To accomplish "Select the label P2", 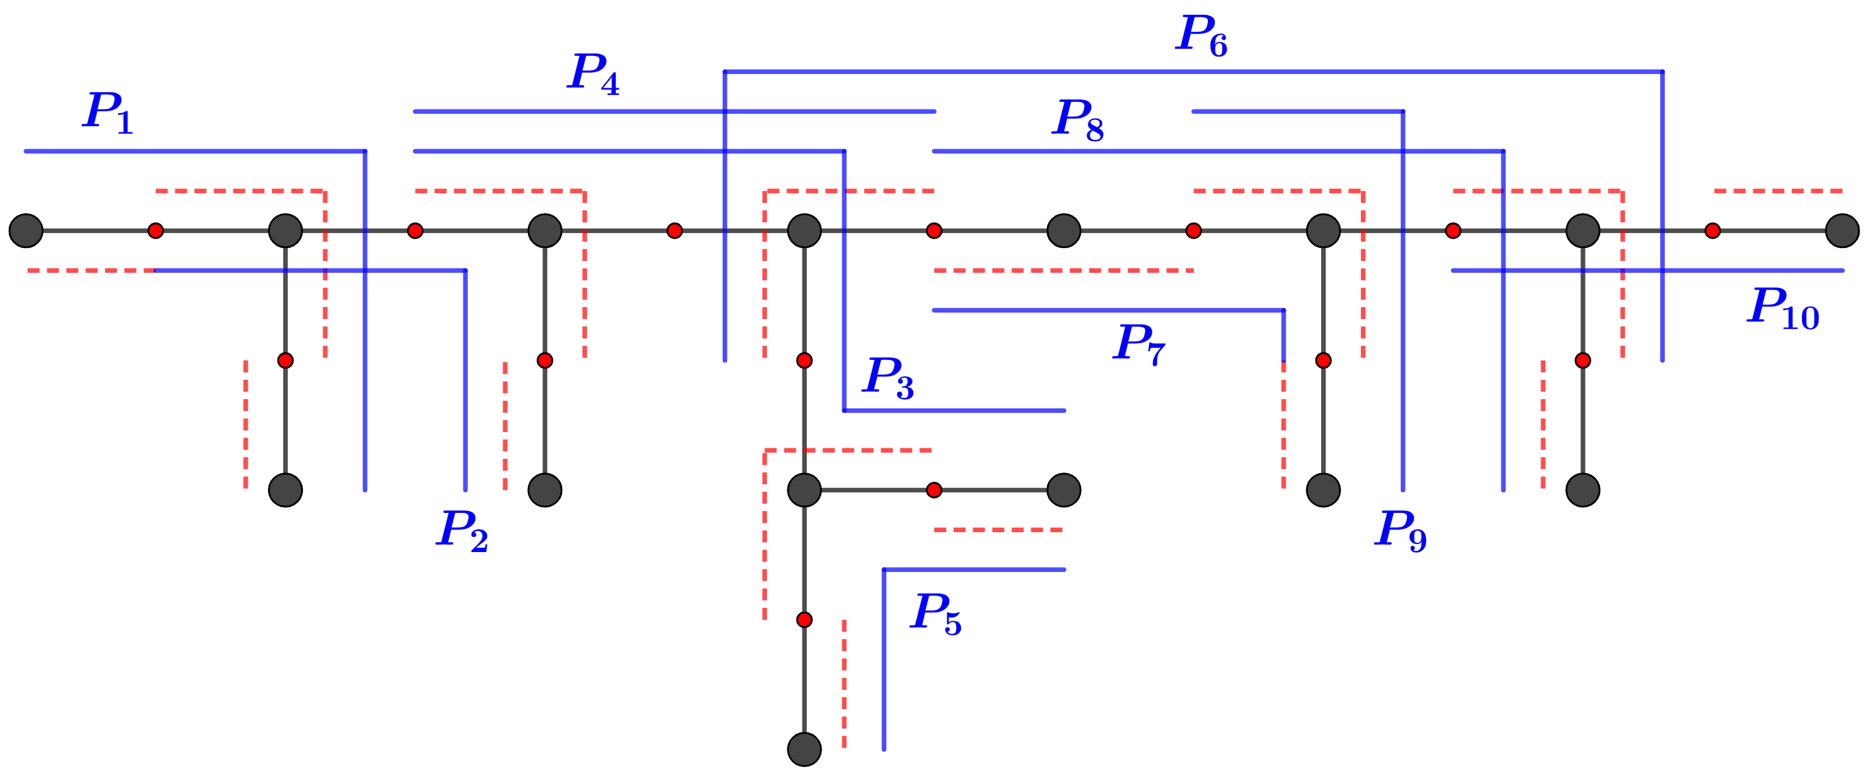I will (x=462, y=530).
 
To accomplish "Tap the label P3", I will (x=888, y=377).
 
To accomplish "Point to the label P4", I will (x=593, y=74).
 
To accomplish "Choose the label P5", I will (x=935, y=613).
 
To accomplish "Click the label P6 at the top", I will (x=1200, y=35).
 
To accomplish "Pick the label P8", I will (x=1077, y=119).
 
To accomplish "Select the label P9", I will (x=1400, y=530).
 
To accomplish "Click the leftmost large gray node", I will (x=26, y=231).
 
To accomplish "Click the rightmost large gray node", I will (x=1842, y=231).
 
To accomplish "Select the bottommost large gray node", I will (x=804, y=749).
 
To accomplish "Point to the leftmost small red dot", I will (x=155, y=231).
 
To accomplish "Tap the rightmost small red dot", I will (x=1712, y=231).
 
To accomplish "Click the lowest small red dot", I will (x=804, y=620).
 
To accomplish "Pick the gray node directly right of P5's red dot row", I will (x=1064, y=490).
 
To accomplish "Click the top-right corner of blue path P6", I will (x=1663, y=71).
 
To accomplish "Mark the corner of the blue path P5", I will (x=884, y=570).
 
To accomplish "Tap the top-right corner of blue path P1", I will (x=365, y=151).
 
